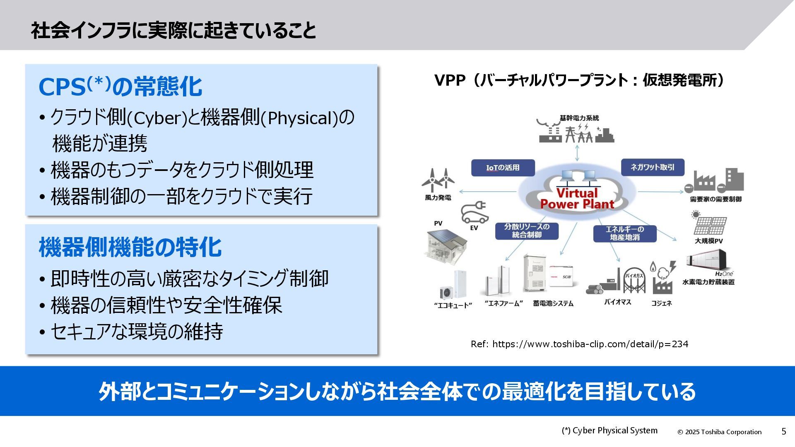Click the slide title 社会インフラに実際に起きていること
(173, 31)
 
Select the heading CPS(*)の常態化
(120, 87)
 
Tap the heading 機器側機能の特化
(130, 247)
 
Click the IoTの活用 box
(503, 168)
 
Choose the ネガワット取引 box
(652, 167)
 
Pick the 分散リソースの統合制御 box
(527, 231)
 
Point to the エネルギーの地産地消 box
(624, 233)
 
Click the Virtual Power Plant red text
(577, 199)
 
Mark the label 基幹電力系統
(579, 118)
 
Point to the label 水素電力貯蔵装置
(708, 282)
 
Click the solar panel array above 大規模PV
(710, 225)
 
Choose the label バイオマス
(617, 302)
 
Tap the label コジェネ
(661, 303)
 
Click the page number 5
(783, 432)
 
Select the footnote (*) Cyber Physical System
(609, 431)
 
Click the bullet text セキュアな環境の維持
(137, 332)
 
